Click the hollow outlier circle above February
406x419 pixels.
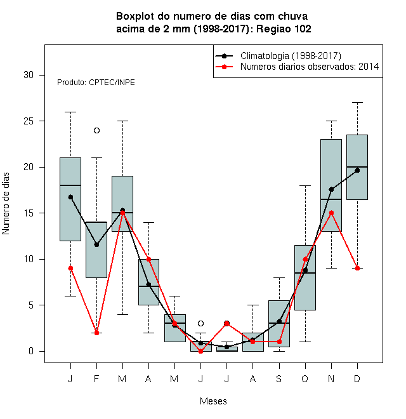pyautogui.click(x=96, y=130)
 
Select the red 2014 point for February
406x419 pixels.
pyautogui.click(x=96, y=333)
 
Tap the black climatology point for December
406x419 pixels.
pyautogui.click(x=357, y=171)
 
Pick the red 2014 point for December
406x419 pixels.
pyautogui.click(x=357, y=268)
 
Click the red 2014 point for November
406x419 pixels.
pyautogui.click(x=332, y=213)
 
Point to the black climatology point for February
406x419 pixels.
pyautogui.click(x=96, y=244)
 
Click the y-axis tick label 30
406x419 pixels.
pyautogui.click(x=29, y=75)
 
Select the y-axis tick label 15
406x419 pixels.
pyautogui.click(x=29, y=213)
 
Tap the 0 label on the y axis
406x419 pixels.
pyautogui.click(x=31, y=351)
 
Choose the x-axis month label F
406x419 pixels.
pyautogui.click(x=96, y=378)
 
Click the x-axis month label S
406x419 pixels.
pyautogui.click(x=279, y=378)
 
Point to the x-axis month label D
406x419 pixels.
pyautogui.click(x=357, y=378)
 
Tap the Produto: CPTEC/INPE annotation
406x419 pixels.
pyautogui.click(x=96, y=83)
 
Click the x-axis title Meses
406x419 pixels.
pyautogui.click(x=213, y=401)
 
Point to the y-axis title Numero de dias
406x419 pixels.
pyautogui.click(x=6, y=204)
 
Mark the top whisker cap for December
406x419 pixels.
pyautogui.click(x=357, y=102)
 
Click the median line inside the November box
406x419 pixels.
pyautogui.click(x=332, y=199)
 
